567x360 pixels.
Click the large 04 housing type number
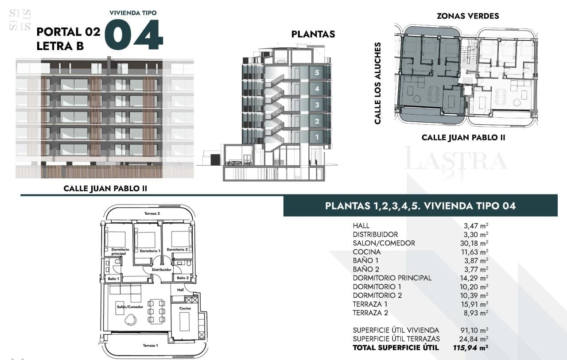(x=134, y=35)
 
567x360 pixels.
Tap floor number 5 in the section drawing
(x=317, y=73)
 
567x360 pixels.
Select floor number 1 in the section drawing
(x=317, y=137)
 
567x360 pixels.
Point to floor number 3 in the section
(x=317, y=105)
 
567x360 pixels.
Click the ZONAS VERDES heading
(x=468, y=16)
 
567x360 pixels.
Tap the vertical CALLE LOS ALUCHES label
(x=377, y=83)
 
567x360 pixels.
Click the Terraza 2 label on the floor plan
(x=152, y=213)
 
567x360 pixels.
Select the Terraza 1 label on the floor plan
(x=150, y=345)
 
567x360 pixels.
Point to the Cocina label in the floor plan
(x=185, y=308)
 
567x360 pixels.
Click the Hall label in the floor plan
(x=180, y=290)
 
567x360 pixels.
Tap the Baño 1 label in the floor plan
(x=113, y=279)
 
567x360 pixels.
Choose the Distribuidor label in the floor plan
(x=162, y=270)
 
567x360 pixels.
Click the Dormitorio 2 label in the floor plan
(x=177, y=249)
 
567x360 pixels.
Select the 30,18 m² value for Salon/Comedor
(x=474, y=243)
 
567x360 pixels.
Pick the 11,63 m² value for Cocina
(x=474, y=252)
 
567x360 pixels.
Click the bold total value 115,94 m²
(x=470, y=348)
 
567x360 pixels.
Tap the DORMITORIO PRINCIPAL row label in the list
(x=392, y=278)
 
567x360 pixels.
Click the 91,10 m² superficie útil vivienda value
(x=474, y=330)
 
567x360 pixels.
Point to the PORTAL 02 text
(x=68, y=32)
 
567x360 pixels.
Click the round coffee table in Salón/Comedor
(x=131, y=320)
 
